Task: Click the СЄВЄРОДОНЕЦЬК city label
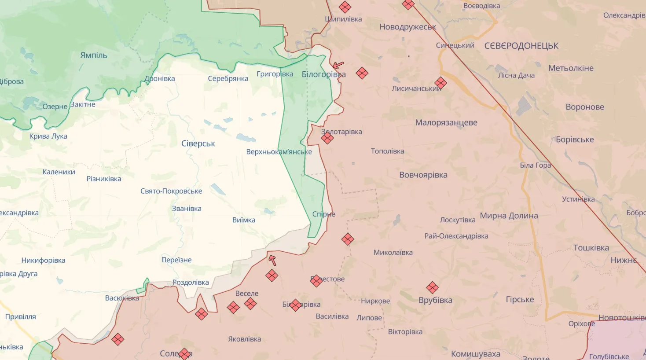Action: (521, 46)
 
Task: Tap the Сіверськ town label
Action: (198, 143)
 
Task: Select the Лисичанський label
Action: (416, 88)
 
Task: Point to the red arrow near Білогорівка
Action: (338, 66)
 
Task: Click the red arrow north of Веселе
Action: (272, 260)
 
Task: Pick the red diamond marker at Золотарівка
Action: (327, 138)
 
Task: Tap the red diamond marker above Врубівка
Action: (432, 288)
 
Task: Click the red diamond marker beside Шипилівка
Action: (345, 7)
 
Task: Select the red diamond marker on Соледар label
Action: (184, 353)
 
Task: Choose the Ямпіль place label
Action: (93, 55)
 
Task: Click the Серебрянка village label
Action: (228, 78)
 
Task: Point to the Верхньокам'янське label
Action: (279, 152)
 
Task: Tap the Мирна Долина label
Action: (509, 216)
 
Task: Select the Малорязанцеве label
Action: (446, 123)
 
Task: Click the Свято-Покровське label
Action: (171, 191)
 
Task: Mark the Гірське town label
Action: (520, 299)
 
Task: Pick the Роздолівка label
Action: (191, 283)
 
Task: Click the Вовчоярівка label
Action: (423, 175)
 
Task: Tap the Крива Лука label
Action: (48, 136)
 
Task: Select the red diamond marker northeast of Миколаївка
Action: (348, 239)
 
